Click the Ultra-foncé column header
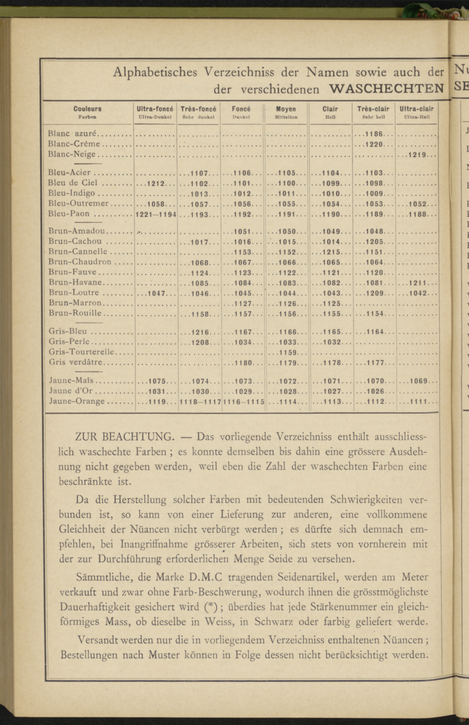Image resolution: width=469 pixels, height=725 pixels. click(x=155, y=109)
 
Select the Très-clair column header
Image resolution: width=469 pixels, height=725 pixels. click(x=373, y=109)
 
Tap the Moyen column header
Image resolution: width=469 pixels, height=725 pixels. click(x=286, y=109)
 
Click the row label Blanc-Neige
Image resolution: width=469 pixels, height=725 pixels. click(x=72, y=154)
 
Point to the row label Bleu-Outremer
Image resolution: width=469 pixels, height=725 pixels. click(x=79, y=203)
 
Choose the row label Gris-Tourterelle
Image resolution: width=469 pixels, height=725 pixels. click(x=81, y=352)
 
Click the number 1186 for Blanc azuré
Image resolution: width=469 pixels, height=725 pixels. click(x=374, y=134)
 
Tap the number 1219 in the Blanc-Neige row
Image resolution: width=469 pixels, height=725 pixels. click(x=417, y=155)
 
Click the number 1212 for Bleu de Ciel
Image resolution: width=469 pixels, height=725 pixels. click(x=156, y=184)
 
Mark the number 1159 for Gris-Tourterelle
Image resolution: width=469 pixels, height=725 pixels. click(x=288, y=353)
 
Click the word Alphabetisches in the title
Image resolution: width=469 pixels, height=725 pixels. click(x=155, y=73)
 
